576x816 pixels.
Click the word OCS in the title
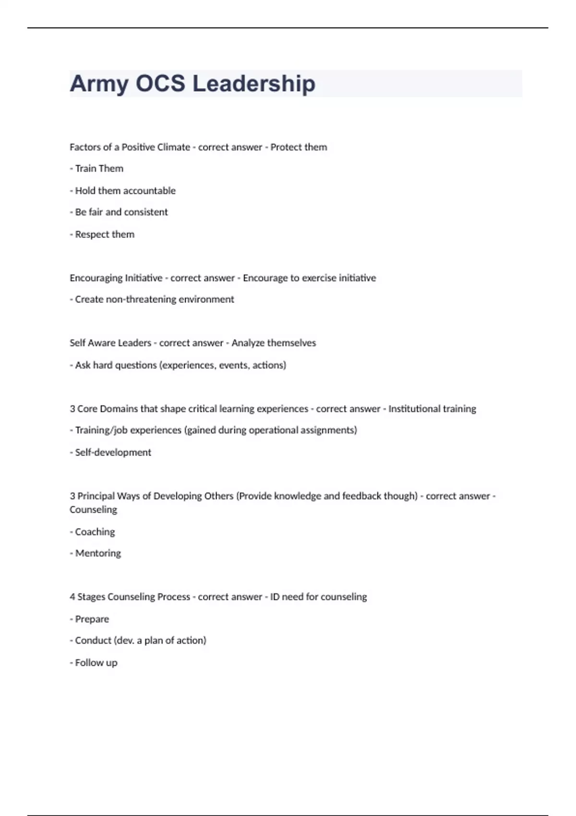pyautogui.click(x=160, y=84)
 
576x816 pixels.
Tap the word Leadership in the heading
pyautogui.click(x=254, y=84)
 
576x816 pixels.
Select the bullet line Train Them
pyautogui.click(x=99, y=168)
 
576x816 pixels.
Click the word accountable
pyautogui.click(x=149, y=191)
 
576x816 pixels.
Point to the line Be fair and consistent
pyautogui.click(x=121, y=212)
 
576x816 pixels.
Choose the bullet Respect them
pyautogui.click(x=104, y=234)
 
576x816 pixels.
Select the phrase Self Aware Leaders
pyautogui.click(x=110, y=343)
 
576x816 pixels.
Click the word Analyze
pyautogui.click(x=248, y=343)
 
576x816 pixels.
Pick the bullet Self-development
pyautogui.click(x=113, y=452)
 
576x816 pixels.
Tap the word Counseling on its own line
pyautogui.click(x=93, y=510)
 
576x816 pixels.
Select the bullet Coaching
pyautogui.click(x=95, y=532)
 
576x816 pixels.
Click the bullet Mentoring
pyautogui.click(x=98, y=553)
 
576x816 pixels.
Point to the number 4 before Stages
pyautogui.click(x=72, y=597)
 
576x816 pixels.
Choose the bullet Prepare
pyautogui.click(x=92, y=619)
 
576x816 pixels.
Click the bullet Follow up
pyautogui.click(x=96, y=663)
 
